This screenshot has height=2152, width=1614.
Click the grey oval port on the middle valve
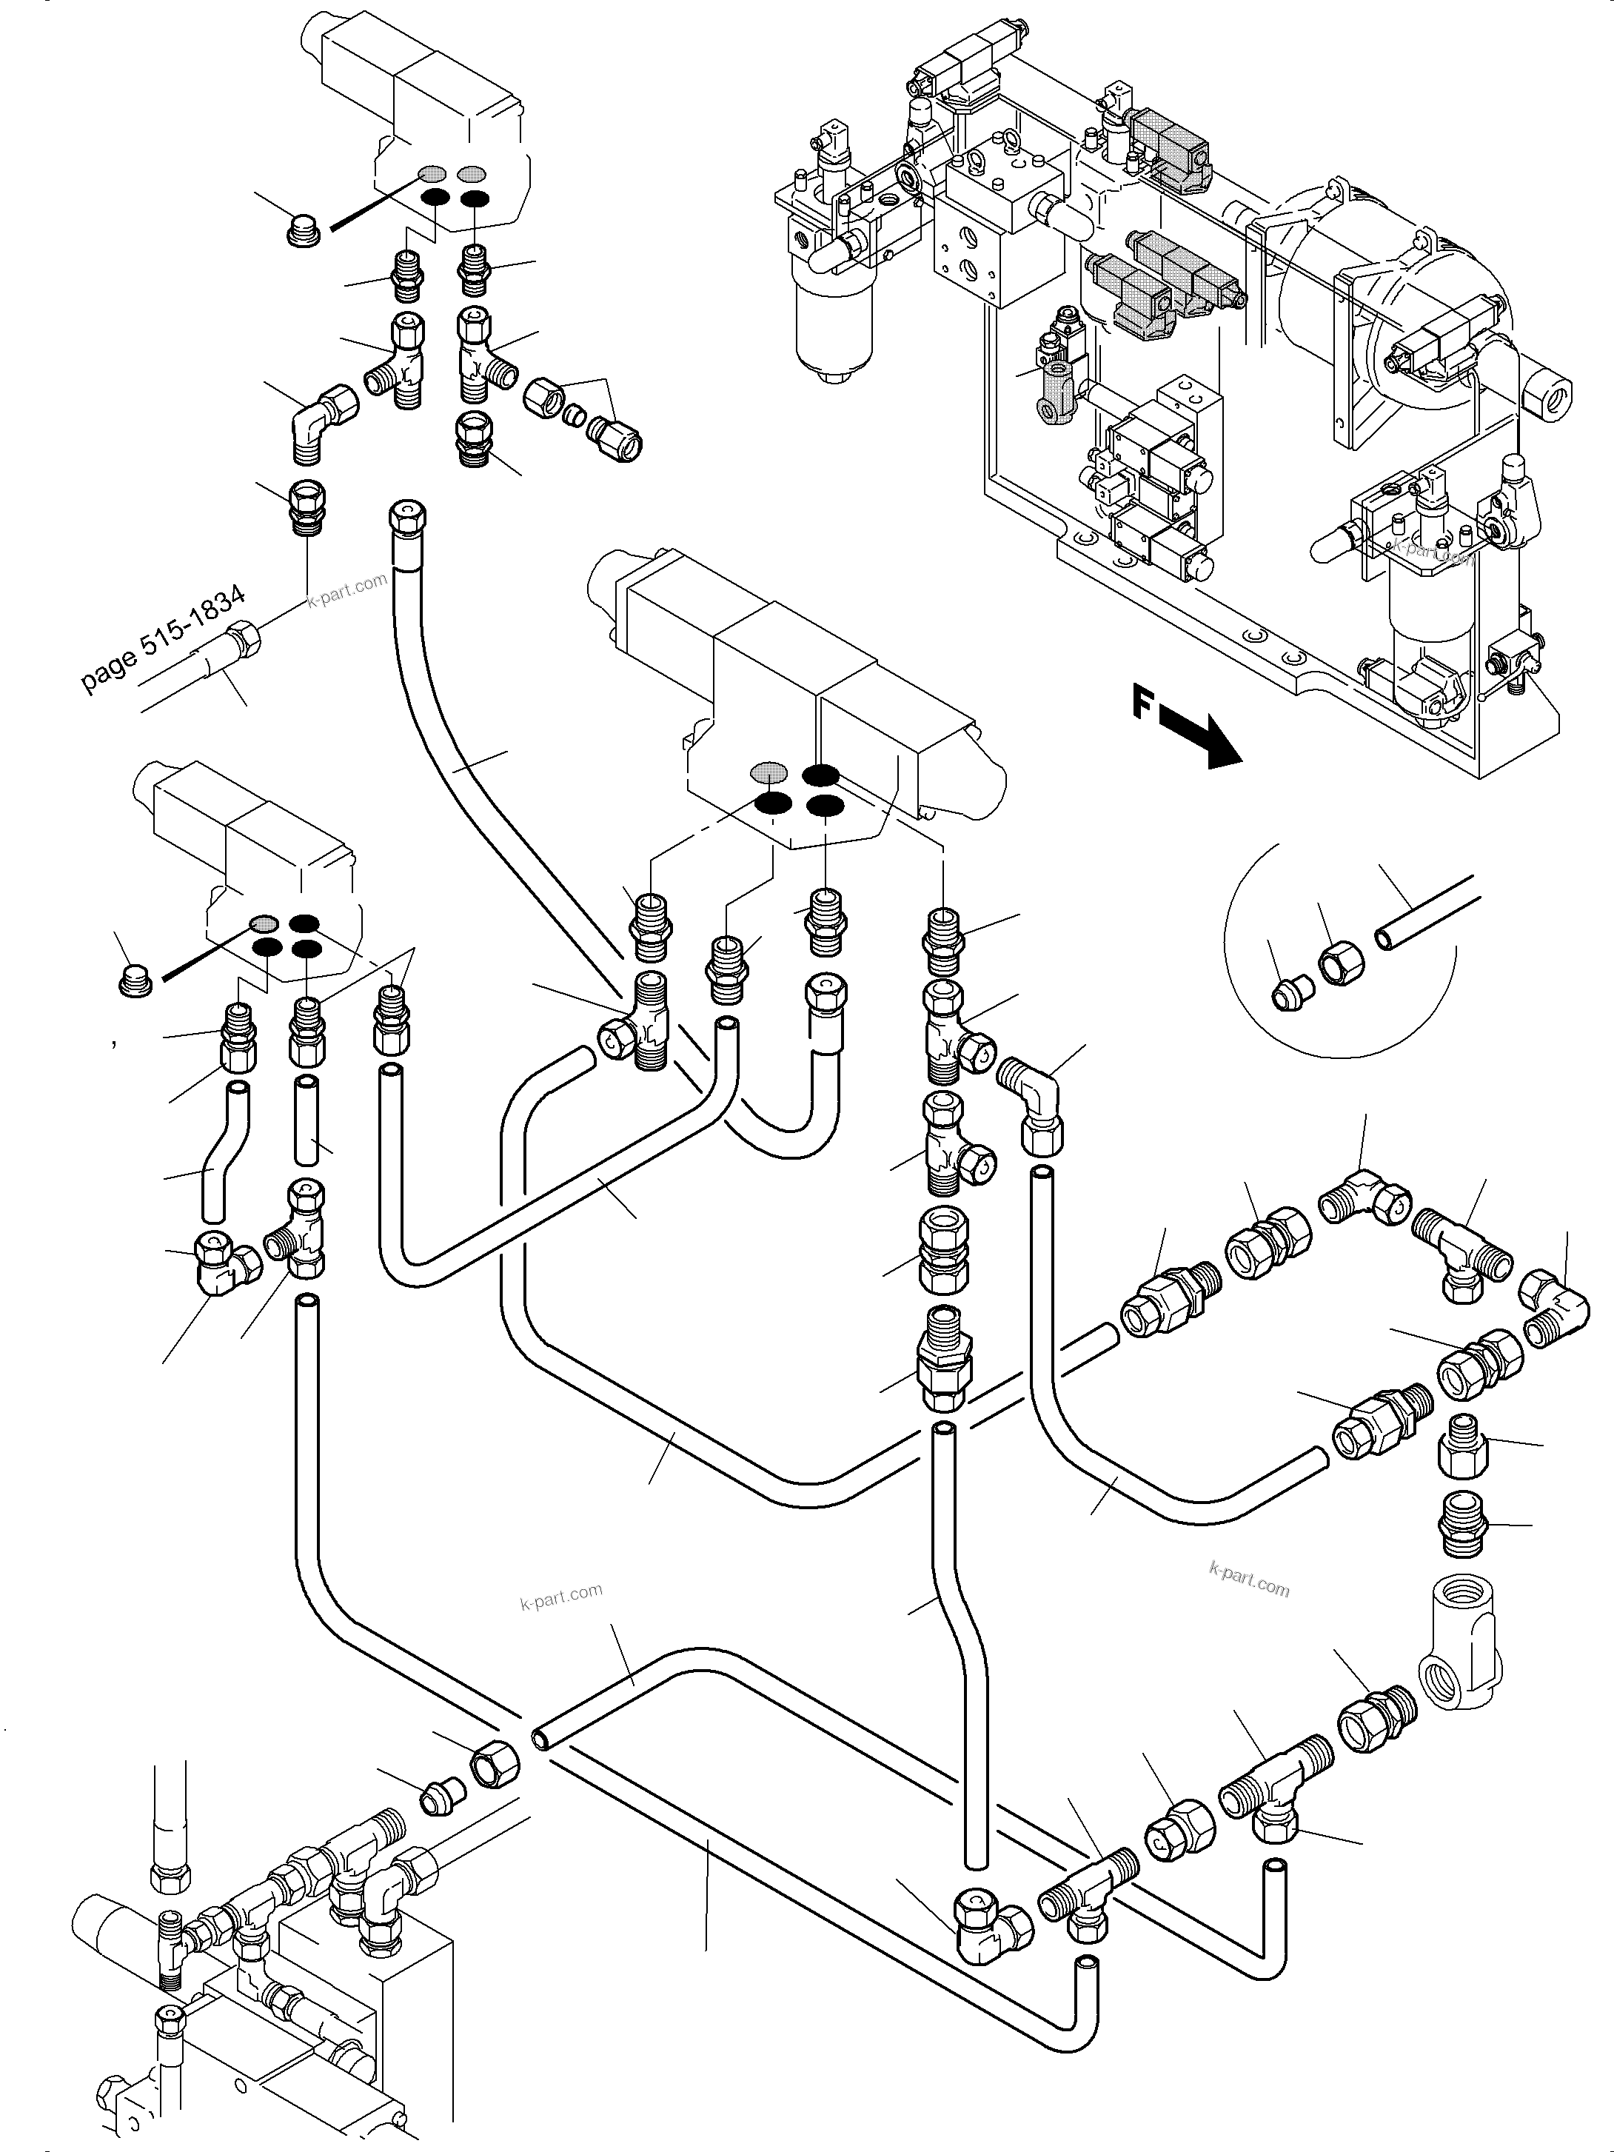point(769,772)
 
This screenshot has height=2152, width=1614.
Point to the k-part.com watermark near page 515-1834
point(347,589)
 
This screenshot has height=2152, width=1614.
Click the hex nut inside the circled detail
point(1341,964)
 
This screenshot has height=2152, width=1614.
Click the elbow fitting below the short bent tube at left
point(226,1262)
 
